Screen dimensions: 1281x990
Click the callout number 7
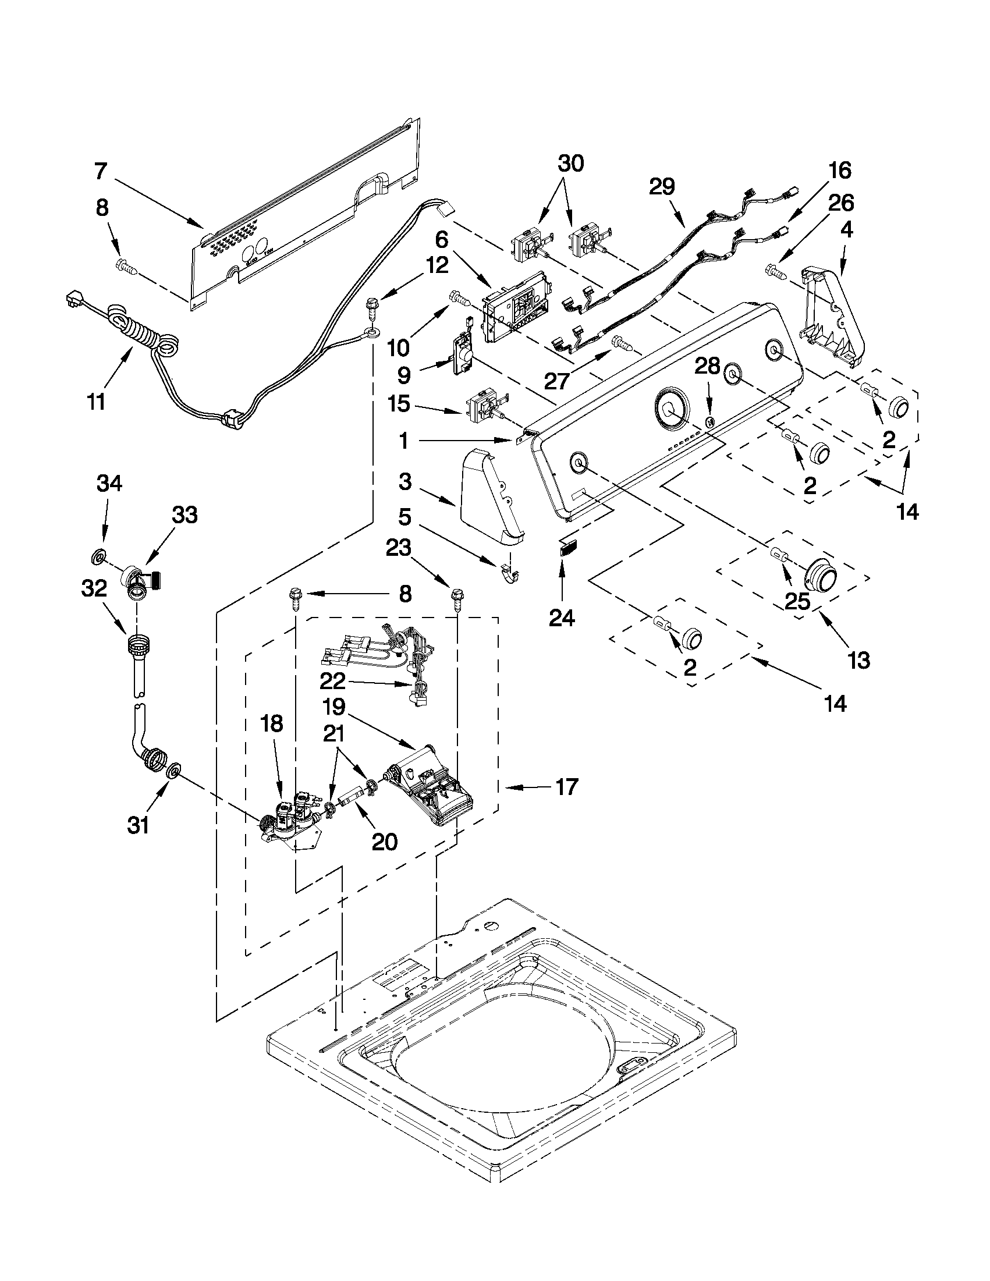pyautogui.click(x=101, y=171)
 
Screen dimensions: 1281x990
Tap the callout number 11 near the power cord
pyautogui.click(x=96, y=402)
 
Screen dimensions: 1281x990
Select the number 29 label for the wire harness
pyautogui.click(x=662, y=186)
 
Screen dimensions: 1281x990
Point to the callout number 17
pyautogui.click(x=566, y=786)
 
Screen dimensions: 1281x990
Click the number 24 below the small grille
pyautogui.click(x=562, y=617)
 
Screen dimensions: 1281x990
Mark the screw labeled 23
pyautogui.click(x=457, y=599)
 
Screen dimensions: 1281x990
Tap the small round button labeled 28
pyautogui.click(x=709, y=421)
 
